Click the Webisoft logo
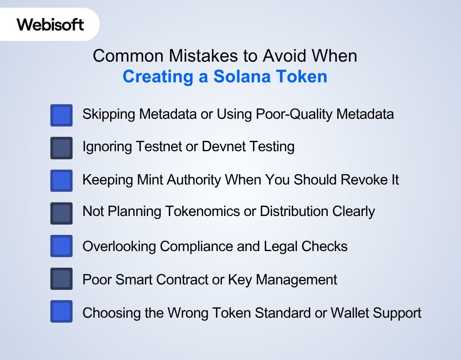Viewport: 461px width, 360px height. [50, 24]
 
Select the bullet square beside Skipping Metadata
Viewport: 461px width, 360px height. [61, 115]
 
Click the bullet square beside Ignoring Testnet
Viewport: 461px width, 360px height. [61, 148]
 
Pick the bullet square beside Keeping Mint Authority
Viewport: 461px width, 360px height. [61, 181]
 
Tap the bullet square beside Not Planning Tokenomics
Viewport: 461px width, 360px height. [61, 213]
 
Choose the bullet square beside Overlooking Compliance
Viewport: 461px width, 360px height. [61, 246]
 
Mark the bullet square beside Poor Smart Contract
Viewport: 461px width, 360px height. [61, 279]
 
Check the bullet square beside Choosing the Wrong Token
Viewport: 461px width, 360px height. [61, 311]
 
